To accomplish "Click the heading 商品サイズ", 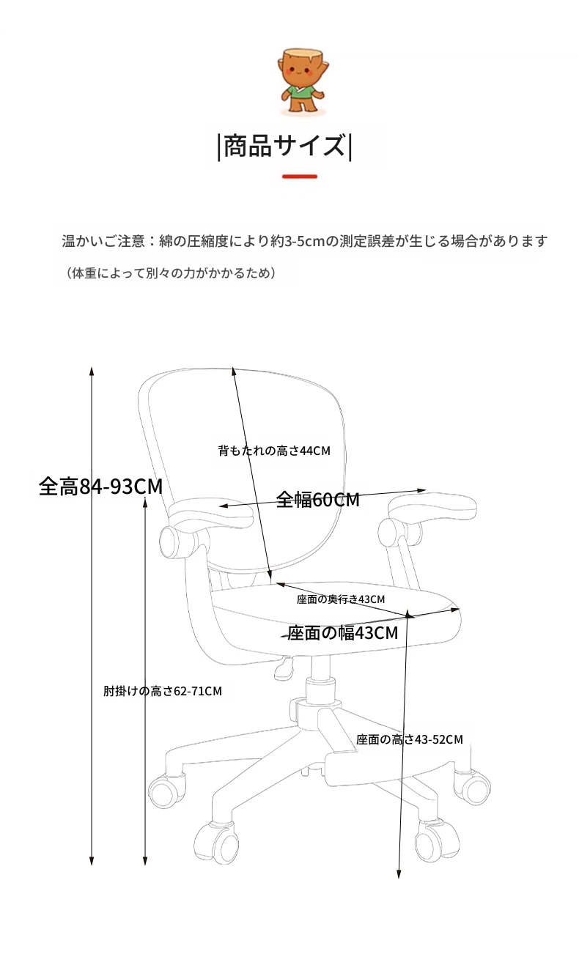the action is tap(285, 146).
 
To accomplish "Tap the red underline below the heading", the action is tap(300, 176).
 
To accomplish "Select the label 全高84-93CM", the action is tap(101, 487).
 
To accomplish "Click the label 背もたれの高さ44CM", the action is tap(274, 451).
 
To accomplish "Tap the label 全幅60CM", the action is tap(318, 500).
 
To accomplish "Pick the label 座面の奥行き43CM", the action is tap(341, 599).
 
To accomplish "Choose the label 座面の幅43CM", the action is tap(343, 633).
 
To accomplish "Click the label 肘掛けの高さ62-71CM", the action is tap(163, 691).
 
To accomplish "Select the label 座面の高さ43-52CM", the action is tap(410, 739).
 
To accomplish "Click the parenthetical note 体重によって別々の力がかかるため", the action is tap(172, 273).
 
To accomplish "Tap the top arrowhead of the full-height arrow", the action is tap(92, 371).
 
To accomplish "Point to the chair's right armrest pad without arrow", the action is tap(432, 508).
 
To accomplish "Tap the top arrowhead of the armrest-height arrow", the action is tap(145, 502).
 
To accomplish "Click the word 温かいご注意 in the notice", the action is tap(103, 241).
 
